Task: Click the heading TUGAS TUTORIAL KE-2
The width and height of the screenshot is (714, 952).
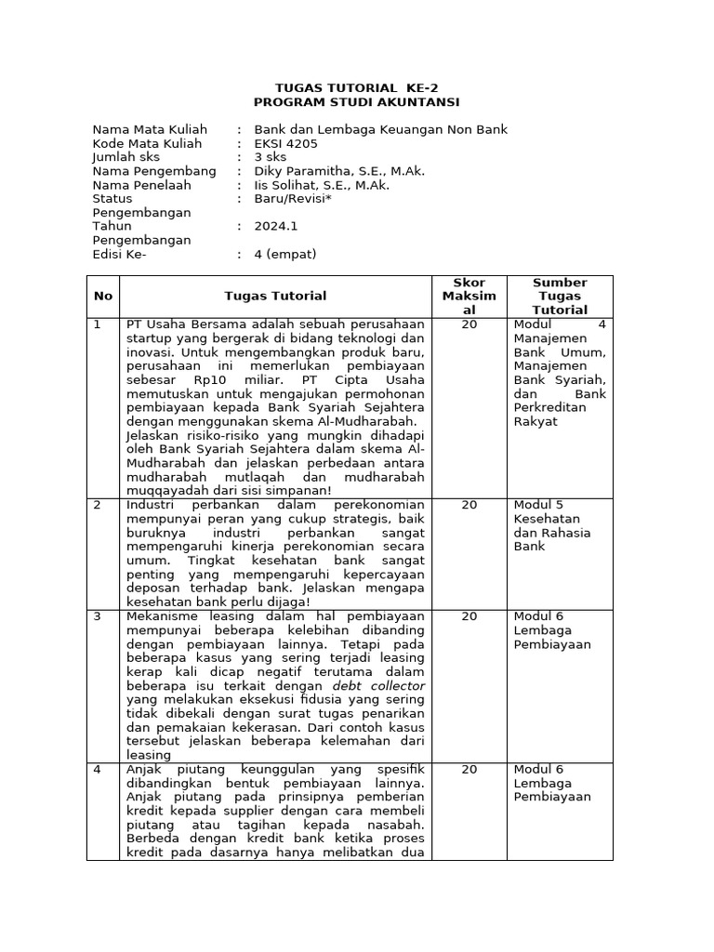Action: [356, 87]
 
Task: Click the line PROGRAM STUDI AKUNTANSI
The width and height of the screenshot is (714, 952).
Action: [356, 101]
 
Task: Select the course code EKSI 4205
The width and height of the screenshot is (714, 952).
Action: [285, 143]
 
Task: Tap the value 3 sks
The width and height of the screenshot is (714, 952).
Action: [271, 157]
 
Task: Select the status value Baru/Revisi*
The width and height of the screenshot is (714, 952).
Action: [295, 198]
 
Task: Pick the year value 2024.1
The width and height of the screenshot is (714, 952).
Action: [276, 226]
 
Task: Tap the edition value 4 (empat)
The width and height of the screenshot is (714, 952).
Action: [285, 254]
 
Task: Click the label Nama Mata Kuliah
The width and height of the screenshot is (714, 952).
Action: [150, 129]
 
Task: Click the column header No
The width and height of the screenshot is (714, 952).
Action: [102, 296]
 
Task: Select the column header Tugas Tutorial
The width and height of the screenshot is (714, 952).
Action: [275, 296]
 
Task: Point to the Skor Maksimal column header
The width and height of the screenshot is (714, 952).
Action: [469, 296]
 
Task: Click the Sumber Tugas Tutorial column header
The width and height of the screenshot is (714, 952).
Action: [560, 296]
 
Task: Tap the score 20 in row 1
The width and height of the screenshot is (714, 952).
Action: [469, 324]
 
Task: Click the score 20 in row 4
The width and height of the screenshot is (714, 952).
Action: [469, 770]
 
